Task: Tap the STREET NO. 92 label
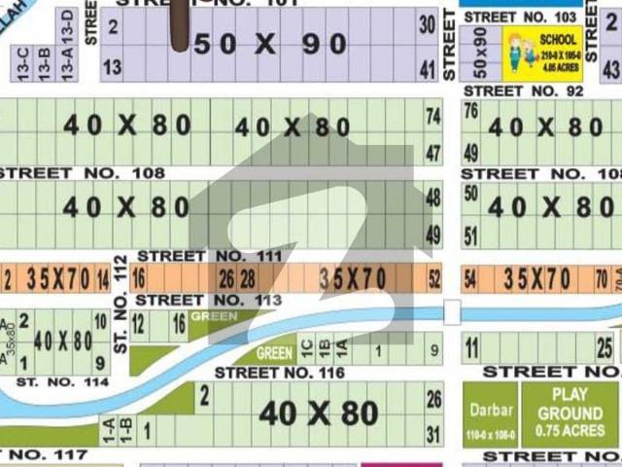click(x=523, y=90)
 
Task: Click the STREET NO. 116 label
click(x=280, y=373)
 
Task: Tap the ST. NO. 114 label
click(x=62, y=382)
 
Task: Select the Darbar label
click(x=490, y=410)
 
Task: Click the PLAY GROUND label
click(x=570, y=403)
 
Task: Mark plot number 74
click(x=433, y=115)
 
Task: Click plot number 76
click(x=471, y=111)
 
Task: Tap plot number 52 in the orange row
click(x=433, y=279)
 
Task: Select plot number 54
click(x=471, y=279)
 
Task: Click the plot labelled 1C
click(x=307, y=344)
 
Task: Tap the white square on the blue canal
click(x=450, y=311)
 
